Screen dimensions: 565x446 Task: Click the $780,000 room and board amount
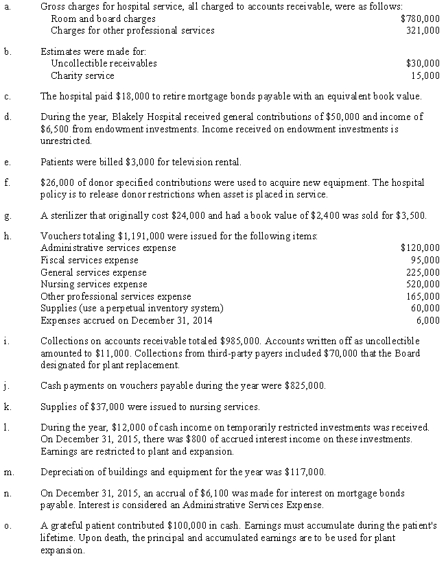[420, 19]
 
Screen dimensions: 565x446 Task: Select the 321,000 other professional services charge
[423, 30]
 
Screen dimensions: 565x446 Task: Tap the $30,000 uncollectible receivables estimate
[423, 63]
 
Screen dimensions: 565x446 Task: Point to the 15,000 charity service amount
[425, 75]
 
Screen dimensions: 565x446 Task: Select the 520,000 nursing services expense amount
[423, 284]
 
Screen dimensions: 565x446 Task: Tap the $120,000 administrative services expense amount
[420, 248]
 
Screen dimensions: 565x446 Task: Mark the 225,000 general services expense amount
[423, 272]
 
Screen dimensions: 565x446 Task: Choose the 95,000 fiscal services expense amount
[425, 260]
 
